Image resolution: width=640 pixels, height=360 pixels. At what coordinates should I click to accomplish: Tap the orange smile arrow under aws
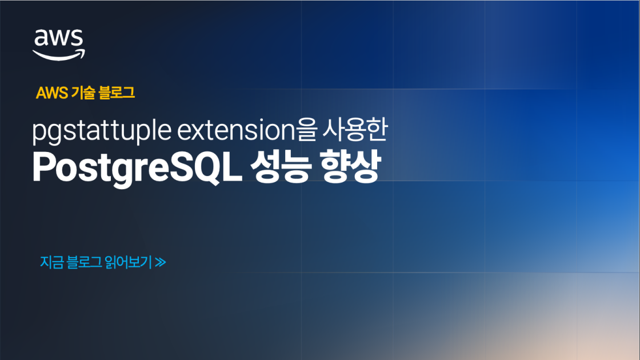(x=59, y=54)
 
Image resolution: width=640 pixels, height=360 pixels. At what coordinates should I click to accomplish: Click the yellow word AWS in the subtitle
(x=51, y=93)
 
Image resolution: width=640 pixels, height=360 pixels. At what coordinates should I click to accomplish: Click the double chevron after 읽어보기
(x=161, y=263)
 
